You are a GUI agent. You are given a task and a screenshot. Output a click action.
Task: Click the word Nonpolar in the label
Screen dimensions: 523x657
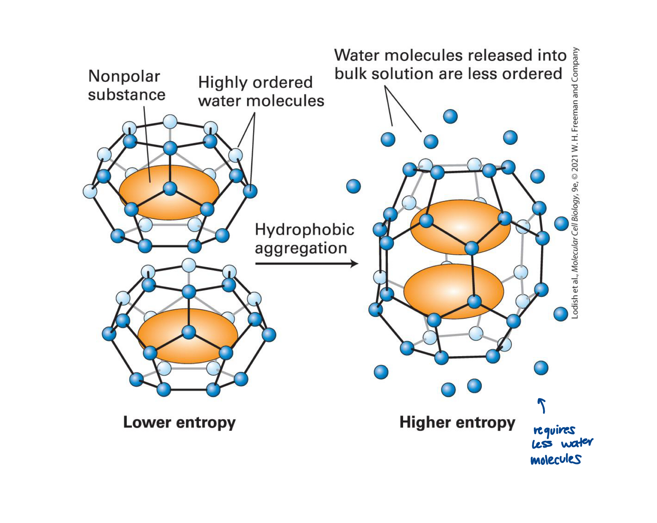coord(124,76)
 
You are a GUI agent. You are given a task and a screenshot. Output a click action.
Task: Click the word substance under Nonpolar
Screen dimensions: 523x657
coord(127,95)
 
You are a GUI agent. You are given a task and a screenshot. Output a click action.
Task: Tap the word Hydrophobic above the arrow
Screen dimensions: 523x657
coord(304,229)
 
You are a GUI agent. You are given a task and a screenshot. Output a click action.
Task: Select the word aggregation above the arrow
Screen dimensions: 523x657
coord(301,248)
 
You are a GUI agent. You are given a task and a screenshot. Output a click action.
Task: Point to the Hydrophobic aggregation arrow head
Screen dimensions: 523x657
coord(355,264)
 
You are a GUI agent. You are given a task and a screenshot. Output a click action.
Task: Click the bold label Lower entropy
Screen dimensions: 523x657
coord(179,422)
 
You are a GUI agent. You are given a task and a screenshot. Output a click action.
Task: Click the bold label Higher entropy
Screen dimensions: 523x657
coord(457,422)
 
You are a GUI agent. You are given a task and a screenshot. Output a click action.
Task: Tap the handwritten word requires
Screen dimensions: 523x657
coord(554,430)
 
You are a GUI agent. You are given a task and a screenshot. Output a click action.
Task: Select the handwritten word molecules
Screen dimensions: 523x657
coord(556,459)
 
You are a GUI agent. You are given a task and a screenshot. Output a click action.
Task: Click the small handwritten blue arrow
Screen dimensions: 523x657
coord(542,405)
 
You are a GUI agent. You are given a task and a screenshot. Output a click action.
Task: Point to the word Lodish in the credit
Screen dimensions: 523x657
coord(575,307)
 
